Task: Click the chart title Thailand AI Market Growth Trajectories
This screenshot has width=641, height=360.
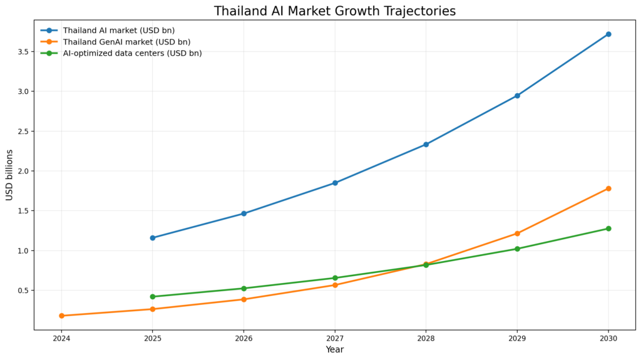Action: (334, 11)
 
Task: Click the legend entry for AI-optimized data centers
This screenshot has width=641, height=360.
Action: (132, 53)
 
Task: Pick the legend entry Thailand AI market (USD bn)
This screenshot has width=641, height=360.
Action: (118, 30)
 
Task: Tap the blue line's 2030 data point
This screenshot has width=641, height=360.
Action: (608, 34)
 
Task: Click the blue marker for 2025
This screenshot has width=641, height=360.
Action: (153, 238)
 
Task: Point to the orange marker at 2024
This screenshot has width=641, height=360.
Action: (61, 316)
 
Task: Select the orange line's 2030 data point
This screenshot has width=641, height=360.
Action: (608, 188)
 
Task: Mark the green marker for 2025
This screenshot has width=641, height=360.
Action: (153, 297)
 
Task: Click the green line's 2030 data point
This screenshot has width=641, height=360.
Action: (608, 229)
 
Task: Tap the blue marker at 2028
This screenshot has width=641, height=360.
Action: (426, 145)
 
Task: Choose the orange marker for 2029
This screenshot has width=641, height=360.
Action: (517, 234)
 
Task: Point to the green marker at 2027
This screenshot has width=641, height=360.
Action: (335, 278)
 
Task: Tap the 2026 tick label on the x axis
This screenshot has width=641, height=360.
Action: (244, 338)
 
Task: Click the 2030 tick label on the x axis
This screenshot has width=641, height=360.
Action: (608, 338)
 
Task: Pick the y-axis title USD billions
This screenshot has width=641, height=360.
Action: (9, 175)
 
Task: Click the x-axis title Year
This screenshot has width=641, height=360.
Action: (334, 350)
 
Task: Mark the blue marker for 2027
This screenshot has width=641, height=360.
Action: (335, 183)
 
